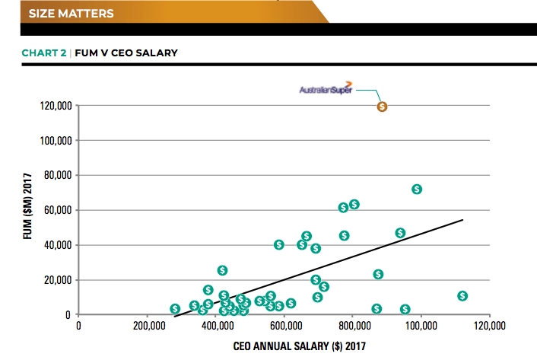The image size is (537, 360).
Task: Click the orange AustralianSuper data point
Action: [x=383, y=107]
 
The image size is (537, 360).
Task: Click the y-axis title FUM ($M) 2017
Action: [x=28, y=210]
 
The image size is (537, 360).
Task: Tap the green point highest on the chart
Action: [x=417, y=189]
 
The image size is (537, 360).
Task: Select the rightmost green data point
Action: [x=462, y=296]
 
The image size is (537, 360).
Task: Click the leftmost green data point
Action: [x=175, y=308]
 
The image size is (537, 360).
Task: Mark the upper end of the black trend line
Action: [x=462, y=221]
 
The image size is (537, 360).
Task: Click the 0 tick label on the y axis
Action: [x=68, y=314]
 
